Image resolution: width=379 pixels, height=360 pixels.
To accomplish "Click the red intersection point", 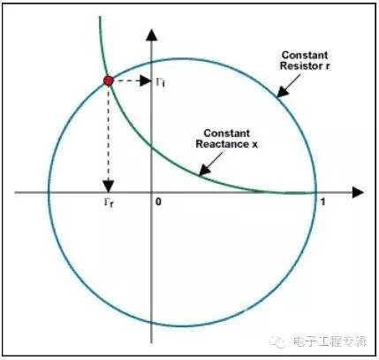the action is coord(109,80).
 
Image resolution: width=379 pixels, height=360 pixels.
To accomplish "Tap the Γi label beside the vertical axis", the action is coord(160,82).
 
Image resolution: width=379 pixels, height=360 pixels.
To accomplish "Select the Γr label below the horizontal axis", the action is coord(108,203).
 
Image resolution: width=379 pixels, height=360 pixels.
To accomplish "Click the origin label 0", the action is coord(158,202).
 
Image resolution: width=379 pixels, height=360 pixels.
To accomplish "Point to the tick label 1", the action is coord(323,202).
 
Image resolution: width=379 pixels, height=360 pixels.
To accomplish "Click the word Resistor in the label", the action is coord(301,65).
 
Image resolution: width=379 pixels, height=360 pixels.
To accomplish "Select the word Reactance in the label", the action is coord(220,144).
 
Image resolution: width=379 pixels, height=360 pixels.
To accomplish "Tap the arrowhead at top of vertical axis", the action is coord(151,34).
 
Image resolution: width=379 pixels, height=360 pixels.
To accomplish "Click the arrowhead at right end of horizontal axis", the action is coord(358,193).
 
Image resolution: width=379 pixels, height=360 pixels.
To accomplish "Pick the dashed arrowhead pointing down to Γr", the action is coord(109,186).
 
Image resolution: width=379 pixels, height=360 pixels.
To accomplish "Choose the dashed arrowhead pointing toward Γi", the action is coord(145,80).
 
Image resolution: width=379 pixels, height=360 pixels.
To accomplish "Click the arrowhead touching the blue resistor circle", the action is coord(283,92).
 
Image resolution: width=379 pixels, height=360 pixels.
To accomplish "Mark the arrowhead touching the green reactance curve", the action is coord(204,171).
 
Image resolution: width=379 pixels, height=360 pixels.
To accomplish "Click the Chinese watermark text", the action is coord(330,341).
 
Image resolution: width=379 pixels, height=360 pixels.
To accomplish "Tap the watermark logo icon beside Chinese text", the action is coord(277,341).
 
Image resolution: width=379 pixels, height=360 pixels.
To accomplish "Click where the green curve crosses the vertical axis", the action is coord(151,146).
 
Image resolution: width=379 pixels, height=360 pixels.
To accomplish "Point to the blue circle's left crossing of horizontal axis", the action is coord(49,193).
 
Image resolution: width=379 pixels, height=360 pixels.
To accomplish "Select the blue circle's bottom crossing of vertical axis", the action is coord(151,322).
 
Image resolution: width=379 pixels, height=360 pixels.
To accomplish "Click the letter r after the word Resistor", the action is coord(327,66).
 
